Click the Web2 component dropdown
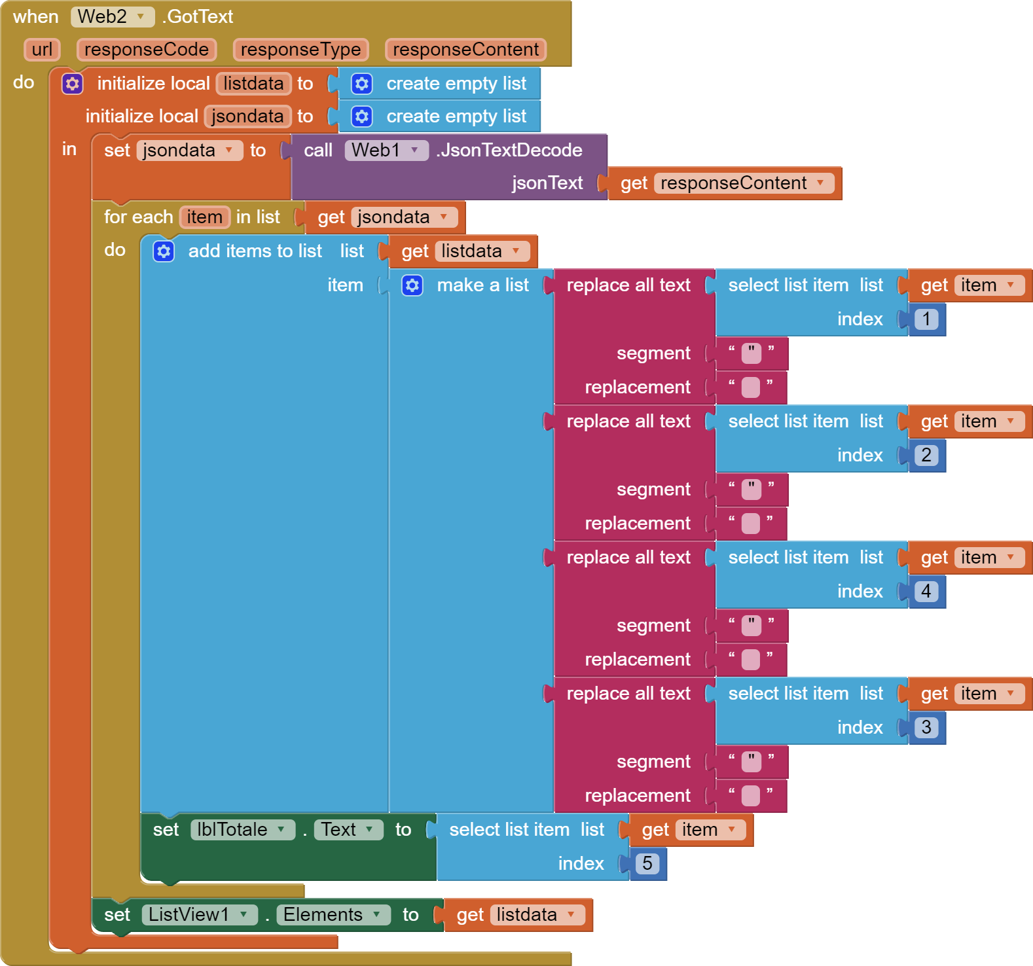tap(112, 17)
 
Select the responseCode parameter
tap(146, 50)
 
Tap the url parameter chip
tap(42, 50)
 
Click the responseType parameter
tap(300, 50)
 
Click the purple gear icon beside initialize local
tap(72, 84)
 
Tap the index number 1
tap(926, 319)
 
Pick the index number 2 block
tap(926, 456)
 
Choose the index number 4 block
tap(926, 592)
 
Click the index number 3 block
tap(926, 728)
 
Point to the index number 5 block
tap(647, 864)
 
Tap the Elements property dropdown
tap(333, 915)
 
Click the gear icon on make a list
tap(412, 285)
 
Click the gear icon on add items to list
tap(164, 251)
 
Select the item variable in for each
tap(204, 217)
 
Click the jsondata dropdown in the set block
tap(189, 151)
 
